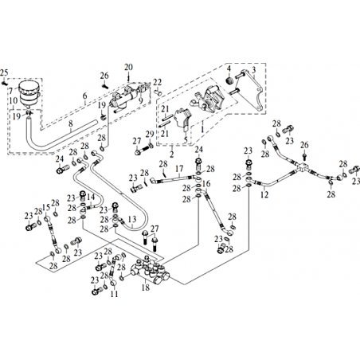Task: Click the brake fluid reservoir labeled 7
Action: [x=29, y=93]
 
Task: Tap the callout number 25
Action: [x=4, y=72]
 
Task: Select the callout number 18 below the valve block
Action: [x=146, y=287]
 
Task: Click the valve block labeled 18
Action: [x=151, y=270]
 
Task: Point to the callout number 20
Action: [x=128, y=67]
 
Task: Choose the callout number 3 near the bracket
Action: [x=253, y=70]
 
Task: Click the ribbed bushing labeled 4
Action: [x=229, y=80]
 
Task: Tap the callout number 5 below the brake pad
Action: [x=186, y=139]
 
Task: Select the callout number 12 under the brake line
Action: [x=264, y=194]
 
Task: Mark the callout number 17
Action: [x=179, y=169]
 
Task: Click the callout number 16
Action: [x=206, y=183]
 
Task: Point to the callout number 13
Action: [x=132, y=219]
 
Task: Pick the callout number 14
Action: [x=91, y=197]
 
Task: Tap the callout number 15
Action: [x=46, y=207]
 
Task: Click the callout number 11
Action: [x=114, y=294]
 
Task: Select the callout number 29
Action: [x=150, y=135]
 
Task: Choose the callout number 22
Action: [x=157, y=82]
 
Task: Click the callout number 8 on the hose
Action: [x=71, y=123]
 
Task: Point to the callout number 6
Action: [x=84, y=96]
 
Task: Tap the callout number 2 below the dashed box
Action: [x=172, y=154]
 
